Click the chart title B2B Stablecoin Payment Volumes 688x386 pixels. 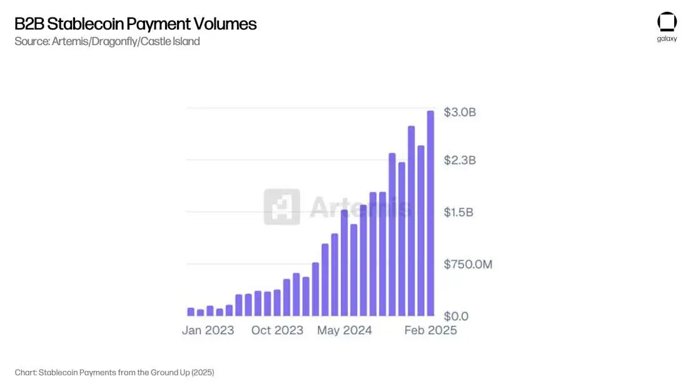[x=135, y=24]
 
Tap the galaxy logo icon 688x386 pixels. [x=667, y=22]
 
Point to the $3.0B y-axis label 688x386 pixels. [x=460, y=113]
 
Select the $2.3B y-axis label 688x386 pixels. [x=460, y=160]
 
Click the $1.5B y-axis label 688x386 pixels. [x=458, y=213]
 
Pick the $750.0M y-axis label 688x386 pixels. [x=468, y=265]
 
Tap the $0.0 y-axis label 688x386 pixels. [x=456, y=317]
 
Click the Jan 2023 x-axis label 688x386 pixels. [x=208, y=330]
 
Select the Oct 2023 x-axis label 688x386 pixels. [x=277, y=330]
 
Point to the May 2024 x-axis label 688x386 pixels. [x=344, y=330]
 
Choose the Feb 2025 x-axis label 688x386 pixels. [x=430, y=330]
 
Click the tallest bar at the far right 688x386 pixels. [x=430, y=213]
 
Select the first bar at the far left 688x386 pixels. [x=191, y=312]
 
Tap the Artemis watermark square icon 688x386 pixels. [x=281, y=207]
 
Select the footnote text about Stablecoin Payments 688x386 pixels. [x=114, y=372]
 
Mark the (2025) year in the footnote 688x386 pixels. [x=203, y=372]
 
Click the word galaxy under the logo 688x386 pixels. [x=667, y=39]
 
